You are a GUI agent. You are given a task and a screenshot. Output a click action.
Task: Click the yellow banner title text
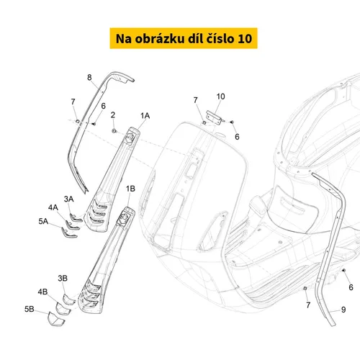coord(184,38)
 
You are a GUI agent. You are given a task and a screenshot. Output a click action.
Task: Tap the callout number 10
coord(220,96)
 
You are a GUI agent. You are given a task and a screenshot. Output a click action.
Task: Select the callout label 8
coord(89,77)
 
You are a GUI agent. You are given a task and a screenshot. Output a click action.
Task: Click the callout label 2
coord(113,115)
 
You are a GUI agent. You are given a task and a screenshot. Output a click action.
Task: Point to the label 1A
coord(145,116)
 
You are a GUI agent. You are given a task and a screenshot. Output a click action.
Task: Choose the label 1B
coord(130,189)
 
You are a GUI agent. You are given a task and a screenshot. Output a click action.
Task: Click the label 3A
coord(69,199)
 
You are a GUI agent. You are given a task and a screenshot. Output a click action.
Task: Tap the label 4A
coord(53,207)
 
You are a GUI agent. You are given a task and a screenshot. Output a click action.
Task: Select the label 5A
coord(43,221)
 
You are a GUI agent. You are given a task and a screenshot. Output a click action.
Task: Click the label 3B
coord(63,279)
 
